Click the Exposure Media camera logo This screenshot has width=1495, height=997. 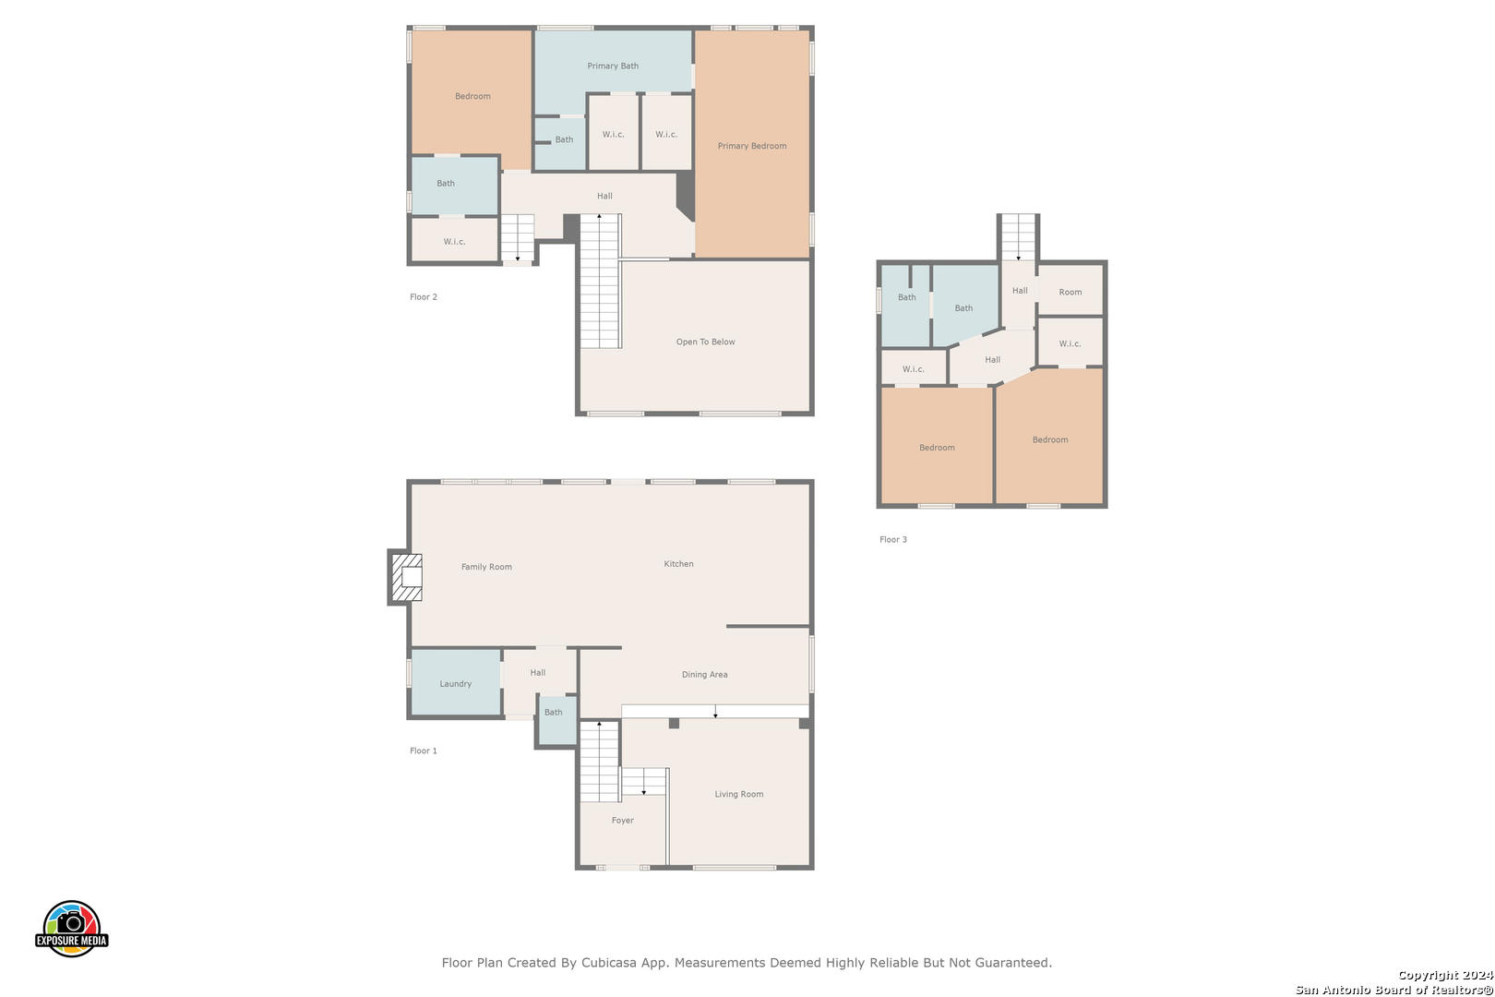point(71,928)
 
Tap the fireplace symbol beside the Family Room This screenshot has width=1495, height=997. point(406,577)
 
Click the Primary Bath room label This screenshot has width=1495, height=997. point(613,66)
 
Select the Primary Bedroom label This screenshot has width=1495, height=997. point(751,146)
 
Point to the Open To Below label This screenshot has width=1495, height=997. point(705,342)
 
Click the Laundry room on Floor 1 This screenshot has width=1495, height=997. point(456,682)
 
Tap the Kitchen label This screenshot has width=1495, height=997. point(679,564)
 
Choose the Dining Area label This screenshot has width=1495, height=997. point(705,675)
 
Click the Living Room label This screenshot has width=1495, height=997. point(739,794)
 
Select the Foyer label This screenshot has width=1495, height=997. point(623,820)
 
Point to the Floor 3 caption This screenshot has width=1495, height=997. point(893,539)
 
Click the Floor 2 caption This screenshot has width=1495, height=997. point(424,297)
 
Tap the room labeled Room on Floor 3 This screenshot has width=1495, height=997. point(1070,291)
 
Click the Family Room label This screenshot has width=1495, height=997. point(486,567)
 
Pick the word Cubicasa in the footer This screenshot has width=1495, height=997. point(608,962)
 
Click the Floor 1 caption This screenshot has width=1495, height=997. point(424,751)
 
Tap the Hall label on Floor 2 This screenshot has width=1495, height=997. point(604,196)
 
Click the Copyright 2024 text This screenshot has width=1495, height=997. point(1445,975)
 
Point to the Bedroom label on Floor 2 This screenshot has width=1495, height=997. point(472,96)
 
